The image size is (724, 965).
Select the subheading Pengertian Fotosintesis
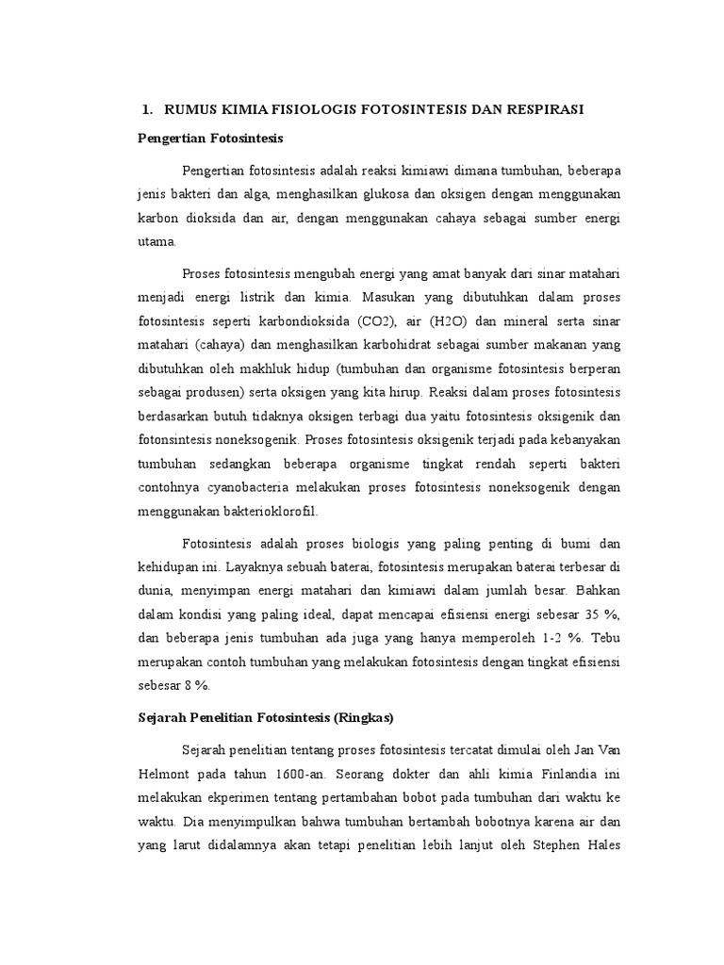210,138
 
